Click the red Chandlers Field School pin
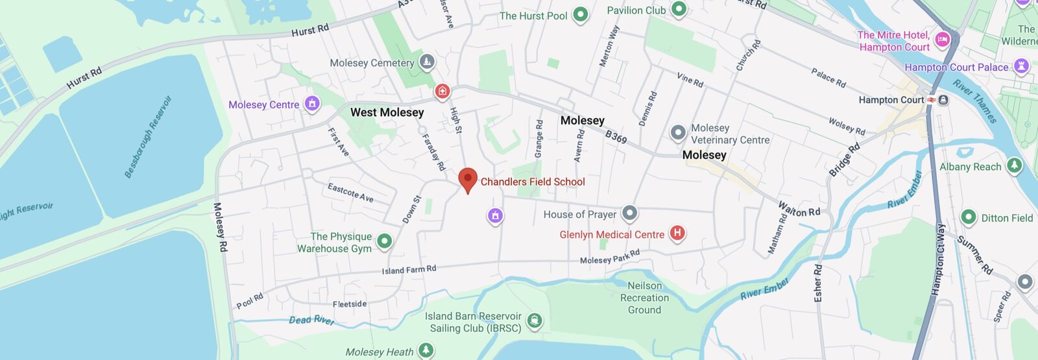468,180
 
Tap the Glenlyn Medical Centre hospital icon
677,234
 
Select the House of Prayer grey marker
629,213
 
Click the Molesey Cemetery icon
427,62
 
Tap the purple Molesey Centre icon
312,104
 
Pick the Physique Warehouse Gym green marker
384,241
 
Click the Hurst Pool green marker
580,14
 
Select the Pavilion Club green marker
679,9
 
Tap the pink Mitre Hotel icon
943,40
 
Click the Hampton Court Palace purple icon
1021,66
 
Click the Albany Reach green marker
1014,166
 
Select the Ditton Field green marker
968,217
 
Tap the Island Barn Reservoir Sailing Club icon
534,320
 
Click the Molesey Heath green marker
426,351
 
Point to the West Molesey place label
387,112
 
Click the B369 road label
616,137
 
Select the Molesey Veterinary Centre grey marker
677,133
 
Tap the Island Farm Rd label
409,270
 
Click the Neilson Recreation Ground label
644,298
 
